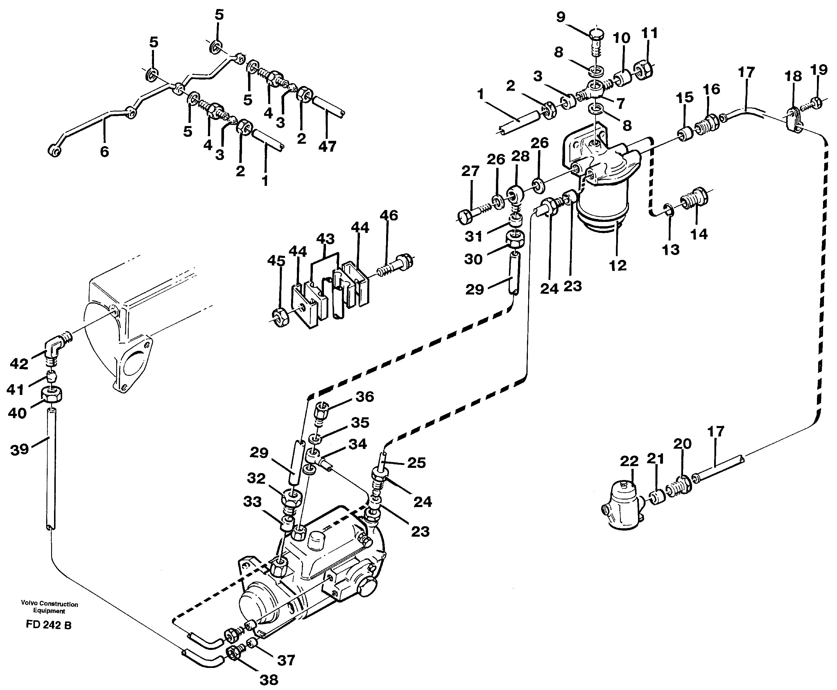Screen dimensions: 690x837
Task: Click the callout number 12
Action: tap(618, 265)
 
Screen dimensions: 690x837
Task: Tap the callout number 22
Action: tap(629, 461)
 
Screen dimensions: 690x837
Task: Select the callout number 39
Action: tap(19, 450)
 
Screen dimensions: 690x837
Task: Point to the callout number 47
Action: tap(327, 147)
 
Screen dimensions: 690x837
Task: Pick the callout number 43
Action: tap(325, 239)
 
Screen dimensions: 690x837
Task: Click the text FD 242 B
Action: tap(49, 625)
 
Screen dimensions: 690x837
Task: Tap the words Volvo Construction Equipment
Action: tap(49, 607)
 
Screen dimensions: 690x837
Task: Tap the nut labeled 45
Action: tap(281, 317)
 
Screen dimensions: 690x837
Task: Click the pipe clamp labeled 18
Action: tap(794, 120)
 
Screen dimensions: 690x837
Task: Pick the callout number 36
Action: tap(365, 397)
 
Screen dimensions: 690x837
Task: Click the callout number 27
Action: tap(470, 171)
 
